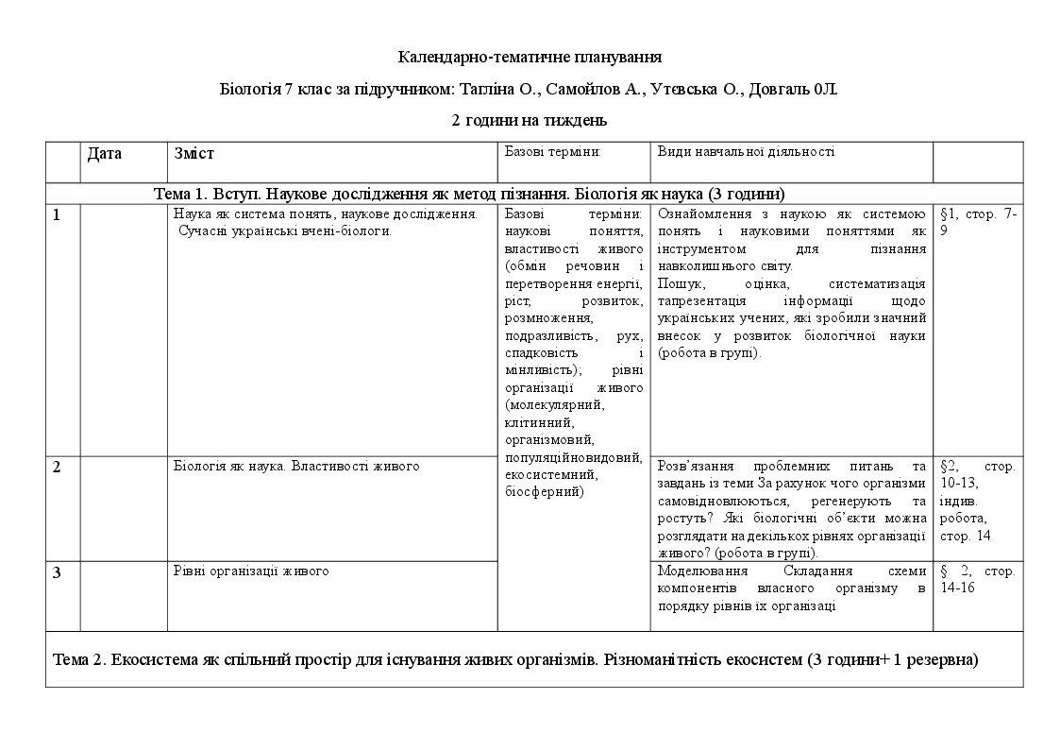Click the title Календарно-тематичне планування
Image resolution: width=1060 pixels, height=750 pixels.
pyautogui.click(x=530, y=58)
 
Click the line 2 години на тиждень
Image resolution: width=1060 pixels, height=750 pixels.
pyautogui.click(x=530, y=120)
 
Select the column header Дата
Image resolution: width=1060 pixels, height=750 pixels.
pyautogui.click(x=105, y=153)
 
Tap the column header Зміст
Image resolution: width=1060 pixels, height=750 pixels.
pyautogui.click(x=194, y=153)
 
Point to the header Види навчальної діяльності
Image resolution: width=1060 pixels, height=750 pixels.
pyautogui.click(x=746, y=151)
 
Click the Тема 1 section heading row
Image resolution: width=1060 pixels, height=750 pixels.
pyautogui.click(x=469, y=194)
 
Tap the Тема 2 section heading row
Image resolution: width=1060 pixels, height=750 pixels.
pyautogui.click(x=515, y=659)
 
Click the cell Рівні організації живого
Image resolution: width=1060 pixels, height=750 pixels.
pyautogui.click(x=251, y=571)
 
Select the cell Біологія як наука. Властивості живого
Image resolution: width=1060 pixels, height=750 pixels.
pyautogui.click(x=296, y=466)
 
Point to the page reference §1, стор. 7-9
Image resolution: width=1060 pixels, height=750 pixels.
pyautogui.click(x=977, y=222)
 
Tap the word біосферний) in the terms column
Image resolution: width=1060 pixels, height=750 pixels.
pyautogui.click(x=545, y=491)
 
